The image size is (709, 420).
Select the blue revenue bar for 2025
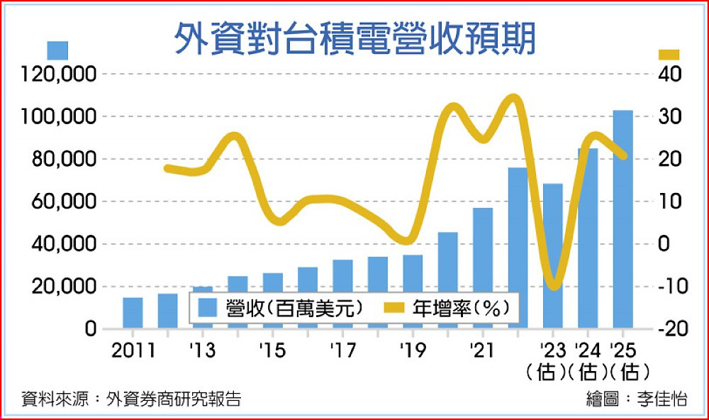(x=623, y=219)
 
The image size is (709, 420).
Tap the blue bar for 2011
(x=133, y=313)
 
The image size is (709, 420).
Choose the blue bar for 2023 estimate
(x=552, y=255)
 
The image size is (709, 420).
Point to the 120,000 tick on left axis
(x=60, y=74)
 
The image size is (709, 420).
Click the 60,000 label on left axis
(x=65, y=201)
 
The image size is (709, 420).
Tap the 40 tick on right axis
(x=670, y=74)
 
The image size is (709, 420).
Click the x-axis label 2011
(x=133, y=350)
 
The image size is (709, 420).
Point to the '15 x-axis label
(x=272, y=350)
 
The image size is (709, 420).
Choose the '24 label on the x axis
(x=587, y=350)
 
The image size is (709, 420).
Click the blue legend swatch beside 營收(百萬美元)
(x=208, y=308)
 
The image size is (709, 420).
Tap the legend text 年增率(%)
(x=461, y=308)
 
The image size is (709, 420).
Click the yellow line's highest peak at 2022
(x=513, y=97)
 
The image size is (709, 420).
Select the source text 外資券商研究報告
(x=174, y=399)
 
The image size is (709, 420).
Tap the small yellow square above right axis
(x=669, y=55)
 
